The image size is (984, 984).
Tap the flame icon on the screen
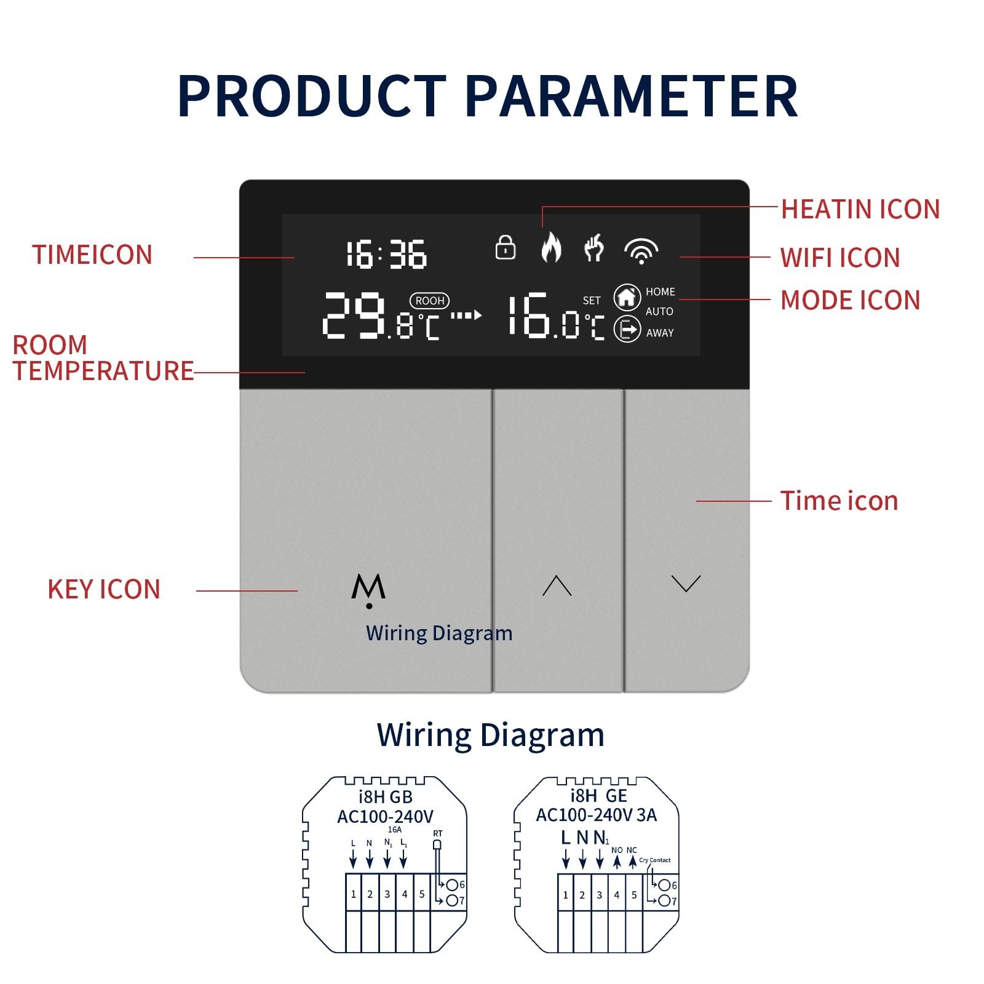tap(551, 247)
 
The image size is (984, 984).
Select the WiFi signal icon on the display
tap(641, 251)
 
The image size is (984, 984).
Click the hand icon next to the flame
tap(594, 248)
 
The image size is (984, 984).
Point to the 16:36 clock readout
tap(386, 255)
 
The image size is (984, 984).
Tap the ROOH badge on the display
tap(429, 301)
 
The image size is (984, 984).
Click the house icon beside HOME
tap(627, 297)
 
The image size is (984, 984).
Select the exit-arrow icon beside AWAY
tap(627, 330)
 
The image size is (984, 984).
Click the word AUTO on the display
tap(659, 312)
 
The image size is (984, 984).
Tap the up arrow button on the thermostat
tap(557, 585)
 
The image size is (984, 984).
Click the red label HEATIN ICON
tap(860, 209)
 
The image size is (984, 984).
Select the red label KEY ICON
tap(104, 589)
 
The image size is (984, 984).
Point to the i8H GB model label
tap(386, 797)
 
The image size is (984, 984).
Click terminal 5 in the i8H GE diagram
tap(634, 895)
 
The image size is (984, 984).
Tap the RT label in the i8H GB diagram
tap(437, 834)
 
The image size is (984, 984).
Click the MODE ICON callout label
tap(851, 301)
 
